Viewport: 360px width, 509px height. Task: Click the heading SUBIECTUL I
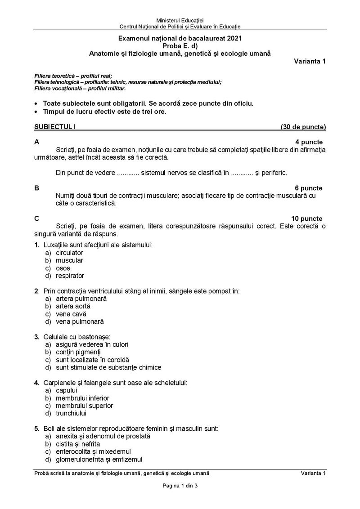55,127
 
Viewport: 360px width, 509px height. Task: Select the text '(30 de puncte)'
303,127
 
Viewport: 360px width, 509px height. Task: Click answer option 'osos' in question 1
63,268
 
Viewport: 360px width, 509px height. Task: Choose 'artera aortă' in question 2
73,306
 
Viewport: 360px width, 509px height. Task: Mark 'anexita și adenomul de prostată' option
103,436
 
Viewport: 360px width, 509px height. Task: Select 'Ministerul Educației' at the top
180,21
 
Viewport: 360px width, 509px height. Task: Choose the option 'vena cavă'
71,314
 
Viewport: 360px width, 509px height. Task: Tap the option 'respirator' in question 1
70,276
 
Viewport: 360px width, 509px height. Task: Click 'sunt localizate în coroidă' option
92,360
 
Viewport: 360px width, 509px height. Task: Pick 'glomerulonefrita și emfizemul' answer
99,459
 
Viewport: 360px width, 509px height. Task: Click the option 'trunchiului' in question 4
71,413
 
